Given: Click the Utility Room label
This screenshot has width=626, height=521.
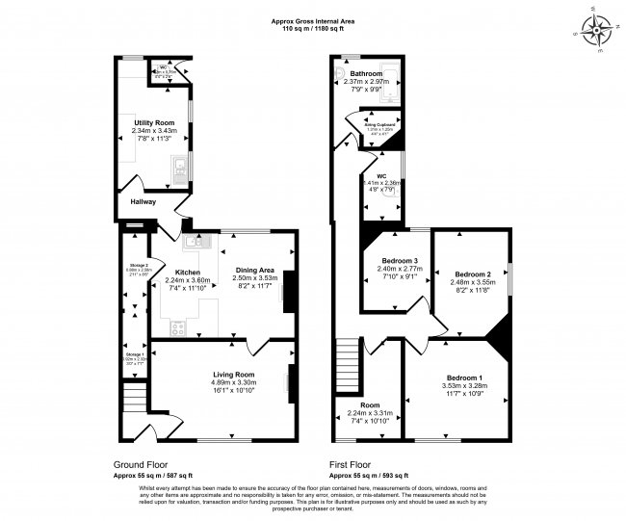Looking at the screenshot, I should coord(154,123).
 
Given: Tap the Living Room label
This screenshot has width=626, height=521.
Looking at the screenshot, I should coord(233,374).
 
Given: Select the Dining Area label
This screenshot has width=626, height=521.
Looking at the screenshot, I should coord(254,271).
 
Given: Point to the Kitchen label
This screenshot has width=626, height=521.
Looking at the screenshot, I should coord(187,272).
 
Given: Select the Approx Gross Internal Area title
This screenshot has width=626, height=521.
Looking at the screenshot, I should coord(312,20).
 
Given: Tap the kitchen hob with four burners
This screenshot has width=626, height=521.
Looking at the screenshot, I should coord(178,327).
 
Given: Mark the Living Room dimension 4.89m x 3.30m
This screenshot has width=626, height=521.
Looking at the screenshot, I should coord(233,382).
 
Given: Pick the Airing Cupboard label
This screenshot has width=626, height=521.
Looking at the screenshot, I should coord(382,124).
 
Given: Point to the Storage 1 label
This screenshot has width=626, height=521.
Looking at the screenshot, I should coord(133,354).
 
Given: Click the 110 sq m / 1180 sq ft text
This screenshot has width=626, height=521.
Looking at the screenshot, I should coord(312,29).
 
